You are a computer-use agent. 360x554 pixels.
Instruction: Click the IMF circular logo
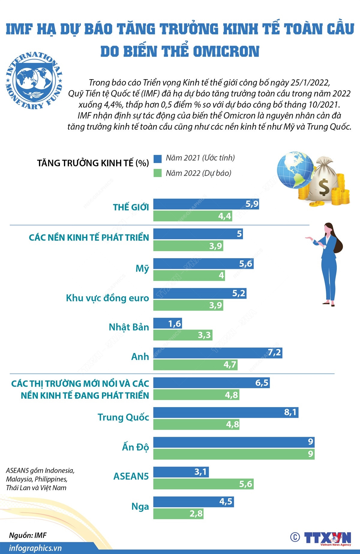[34, 80]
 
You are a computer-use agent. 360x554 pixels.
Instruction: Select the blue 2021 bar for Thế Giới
[206, 204]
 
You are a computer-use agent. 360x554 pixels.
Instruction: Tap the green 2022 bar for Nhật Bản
[183, 335]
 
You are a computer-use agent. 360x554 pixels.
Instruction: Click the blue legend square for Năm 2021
[157, 159]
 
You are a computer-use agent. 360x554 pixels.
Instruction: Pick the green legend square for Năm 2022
[157, 173]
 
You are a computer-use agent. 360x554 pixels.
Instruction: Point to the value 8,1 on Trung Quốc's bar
[290, 412]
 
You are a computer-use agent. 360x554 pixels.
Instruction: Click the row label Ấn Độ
[135, 447]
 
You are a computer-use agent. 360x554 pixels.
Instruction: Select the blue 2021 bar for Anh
[217, 353]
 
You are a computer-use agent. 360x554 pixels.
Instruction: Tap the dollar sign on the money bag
[324, 187]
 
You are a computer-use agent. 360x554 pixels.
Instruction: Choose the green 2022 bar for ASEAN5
[203, 484]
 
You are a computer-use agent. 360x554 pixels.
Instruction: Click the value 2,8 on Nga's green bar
[196, 514]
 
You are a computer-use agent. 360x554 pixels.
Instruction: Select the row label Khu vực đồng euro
[107, 298]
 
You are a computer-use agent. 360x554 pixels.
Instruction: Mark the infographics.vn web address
[35, 548]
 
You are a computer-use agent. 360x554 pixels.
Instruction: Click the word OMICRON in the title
[226, 51]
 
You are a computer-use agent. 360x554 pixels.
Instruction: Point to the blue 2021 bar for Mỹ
[203, 264]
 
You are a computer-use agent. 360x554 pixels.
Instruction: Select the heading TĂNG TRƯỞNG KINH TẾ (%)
[93, 163]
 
